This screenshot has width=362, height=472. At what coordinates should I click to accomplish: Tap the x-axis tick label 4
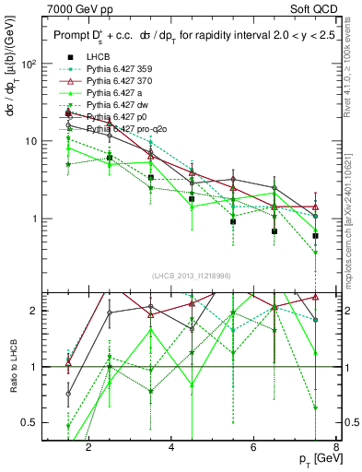pyautogui.click(x=172, y=449)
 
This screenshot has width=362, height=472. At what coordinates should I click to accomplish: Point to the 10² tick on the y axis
pyautogui.click(x=29, y=65)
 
